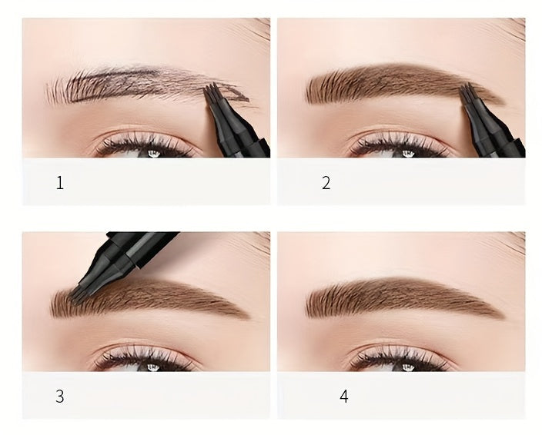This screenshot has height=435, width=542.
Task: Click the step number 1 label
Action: tap(60, 184)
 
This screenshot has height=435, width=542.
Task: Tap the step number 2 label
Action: tap(326, 184)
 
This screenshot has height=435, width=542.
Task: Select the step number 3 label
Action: tap(60, 397)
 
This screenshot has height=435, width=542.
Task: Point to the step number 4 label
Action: tap(344, 397)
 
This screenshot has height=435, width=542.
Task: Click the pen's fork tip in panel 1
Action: tap(212, 96)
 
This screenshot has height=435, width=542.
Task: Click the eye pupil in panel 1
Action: tap(152, 153)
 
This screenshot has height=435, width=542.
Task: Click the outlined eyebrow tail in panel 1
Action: tap(239, 95)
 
